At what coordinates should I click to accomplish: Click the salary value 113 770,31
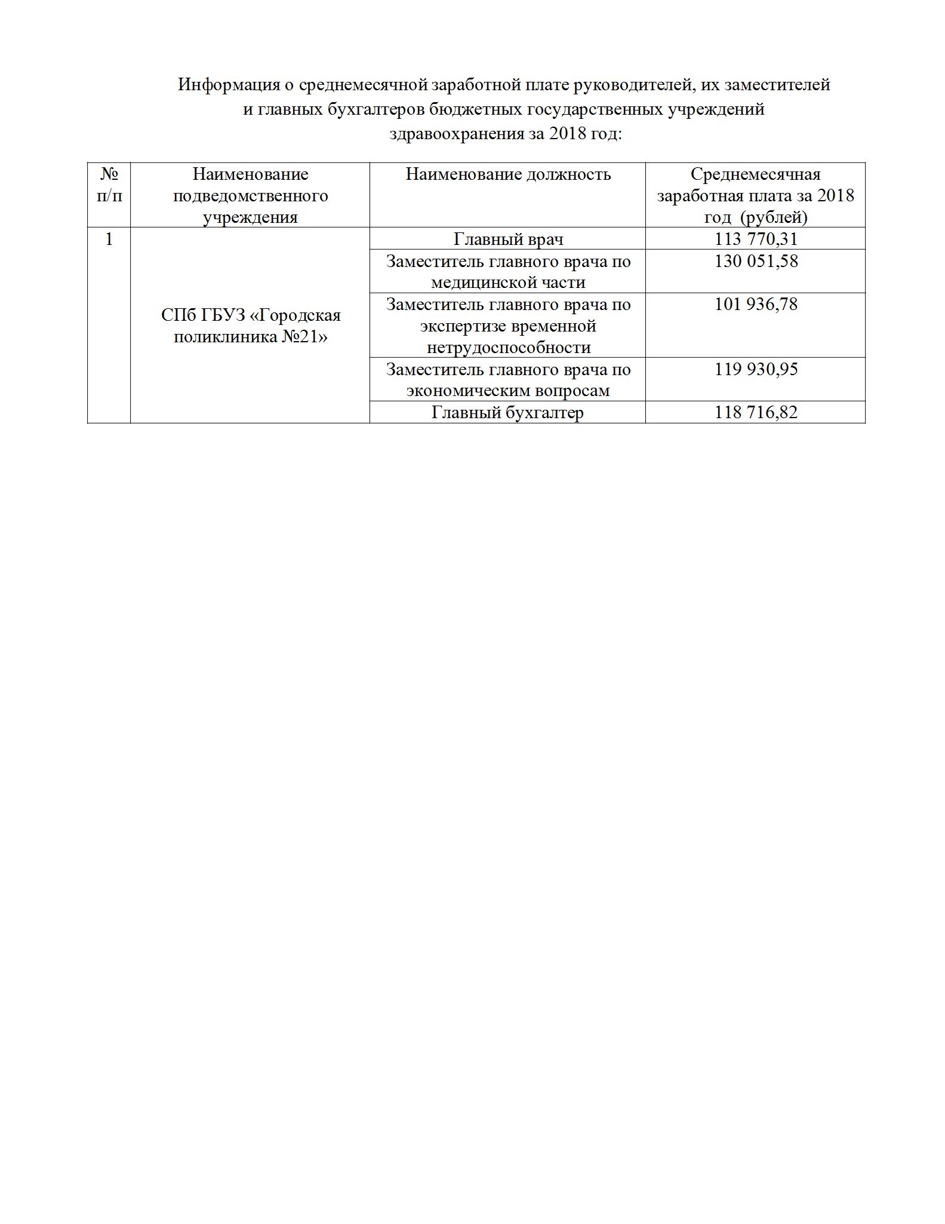[x=756, y=240]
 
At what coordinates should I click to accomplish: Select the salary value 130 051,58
[x=756, y=261]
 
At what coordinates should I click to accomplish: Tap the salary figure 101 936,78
[x=756, y=305]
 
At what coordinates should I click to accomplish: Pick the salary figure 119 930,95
[x=756, y=369]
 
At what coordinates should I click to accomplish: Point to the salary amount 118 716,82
[x=756, y=413]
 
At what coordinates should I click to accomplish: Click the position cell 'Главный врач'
[x=508, y=240]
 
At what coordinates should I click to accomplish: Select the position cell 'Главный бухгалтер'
[x=507, y=413]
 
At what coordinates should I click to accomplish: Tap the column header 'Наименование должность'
[x=508, y=174]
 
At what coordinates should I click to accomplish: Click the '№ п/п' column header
[x=109, y=185]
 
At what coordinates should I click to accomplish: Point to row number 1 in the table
[x=109, y=240]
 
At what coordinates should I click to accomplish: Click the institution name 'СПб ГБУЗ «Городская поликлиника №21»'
[x=251, y=326]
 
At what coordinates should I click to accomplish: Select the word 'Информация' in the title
[x=228, y=85]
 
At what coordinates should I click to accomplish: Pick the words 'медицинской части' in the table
[x=508, y=283]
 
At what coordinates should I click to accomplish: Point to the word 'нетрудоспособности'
[x=509, y=348]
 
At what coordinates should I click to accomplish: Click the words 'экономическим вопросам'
[x=508, y=391]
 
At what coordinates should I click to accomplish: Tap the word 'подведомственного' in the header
[x=251, y=196]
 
